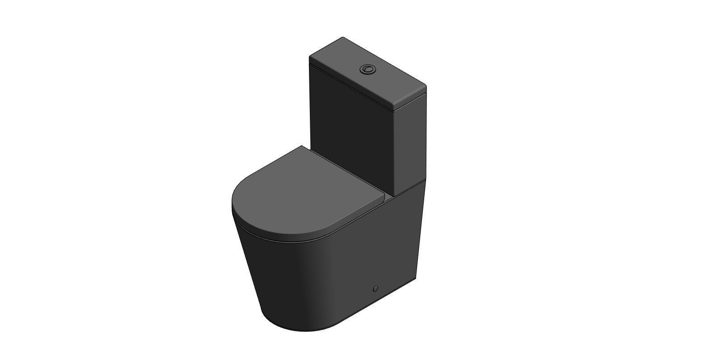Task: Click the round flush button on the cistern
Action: [x=367, y=69]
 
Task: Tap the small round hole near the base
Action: [x=375, y=289]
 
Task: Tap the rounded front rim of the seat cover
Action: [x=250, y=223]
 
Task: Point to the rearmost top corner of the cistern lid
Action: [x=343, y=38]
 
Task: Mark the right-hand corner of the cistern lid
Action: [x=425, y=87]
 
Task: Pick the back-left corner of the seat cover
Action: [x=302, y=146]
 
